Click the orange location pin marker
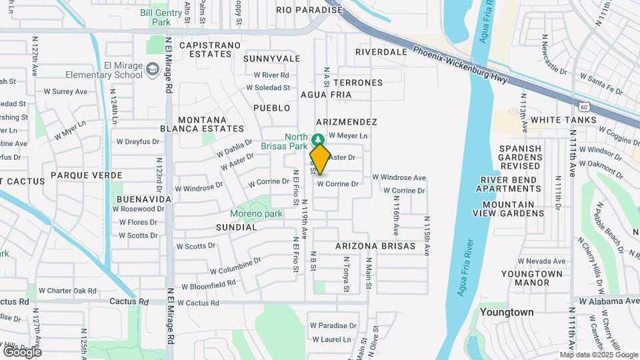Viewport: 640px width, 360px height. click(x=320, y=159)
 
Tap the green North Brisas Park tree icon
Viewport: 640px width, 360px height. click(x=319, y=139)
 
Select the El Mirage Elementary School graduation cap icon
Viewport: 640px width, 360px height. click(x=153, y=69)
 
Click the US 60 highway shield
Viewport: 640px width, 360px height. click(x=583, y=106)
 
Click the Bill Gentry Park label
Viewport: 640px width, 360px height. click(x=162, y=17)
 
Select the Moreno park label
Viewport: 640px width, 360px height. click(x=256, y=214)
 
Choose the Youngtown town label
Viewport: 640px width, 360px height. click(x=506, y=312)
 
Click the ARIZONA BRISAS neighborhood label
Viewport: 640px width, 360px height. click(x=375, y=246)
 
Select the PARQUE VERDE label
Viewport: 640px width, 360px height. click(x=91, y=175)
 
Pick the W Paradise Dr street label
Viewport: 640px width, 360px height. click(x=333, y=326)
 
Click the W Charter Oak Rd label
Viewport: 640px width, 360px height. click(x=67, y=291)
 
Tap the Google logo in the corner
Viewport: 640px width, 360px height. click(x=22, y=351)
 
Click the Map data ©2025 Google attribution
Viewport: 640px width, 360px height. click(x=598, y=355)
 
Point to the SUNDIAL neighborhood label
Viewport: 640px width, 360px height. click(x=236, y=227)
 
